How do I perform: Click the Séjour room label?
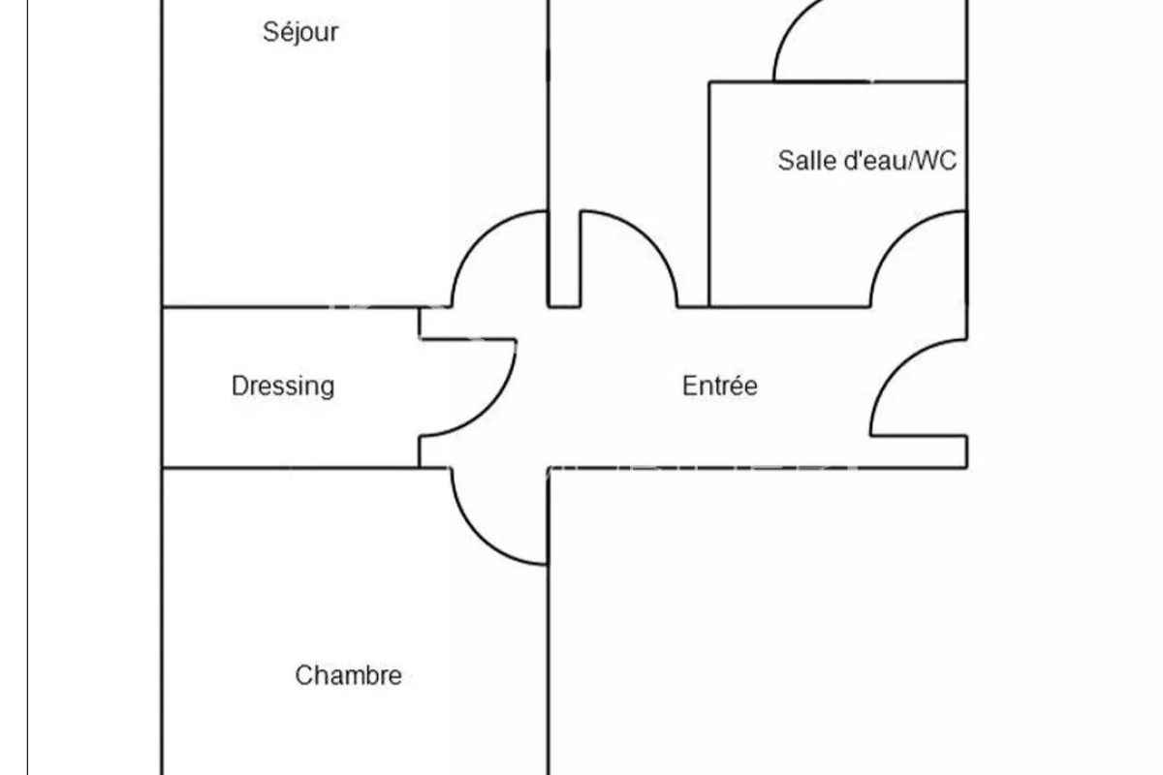pyautogui.click(x=300, y=32)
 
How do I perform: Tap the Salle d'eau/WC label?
pyautogui.click(x=866, y=161)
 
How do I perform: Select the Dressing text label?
pyautogui.click(x=283, y=386)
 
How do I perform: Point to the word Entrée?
pyautogui.click(x=720, y=386)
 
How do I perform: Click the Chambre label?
pyautogui.click(x=348, y=675)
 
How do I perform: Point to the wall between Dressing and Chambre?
pyautogui.click(x=291, y=468)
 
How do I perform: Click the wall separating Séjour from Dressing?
pyautogui.click(x=291, y=307)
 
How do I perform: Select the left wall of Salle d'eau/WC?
pyautogui.click(x=709, y=194)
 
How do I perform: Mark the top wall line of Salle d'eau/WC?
pyautogui.click(x=838, y=81)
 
